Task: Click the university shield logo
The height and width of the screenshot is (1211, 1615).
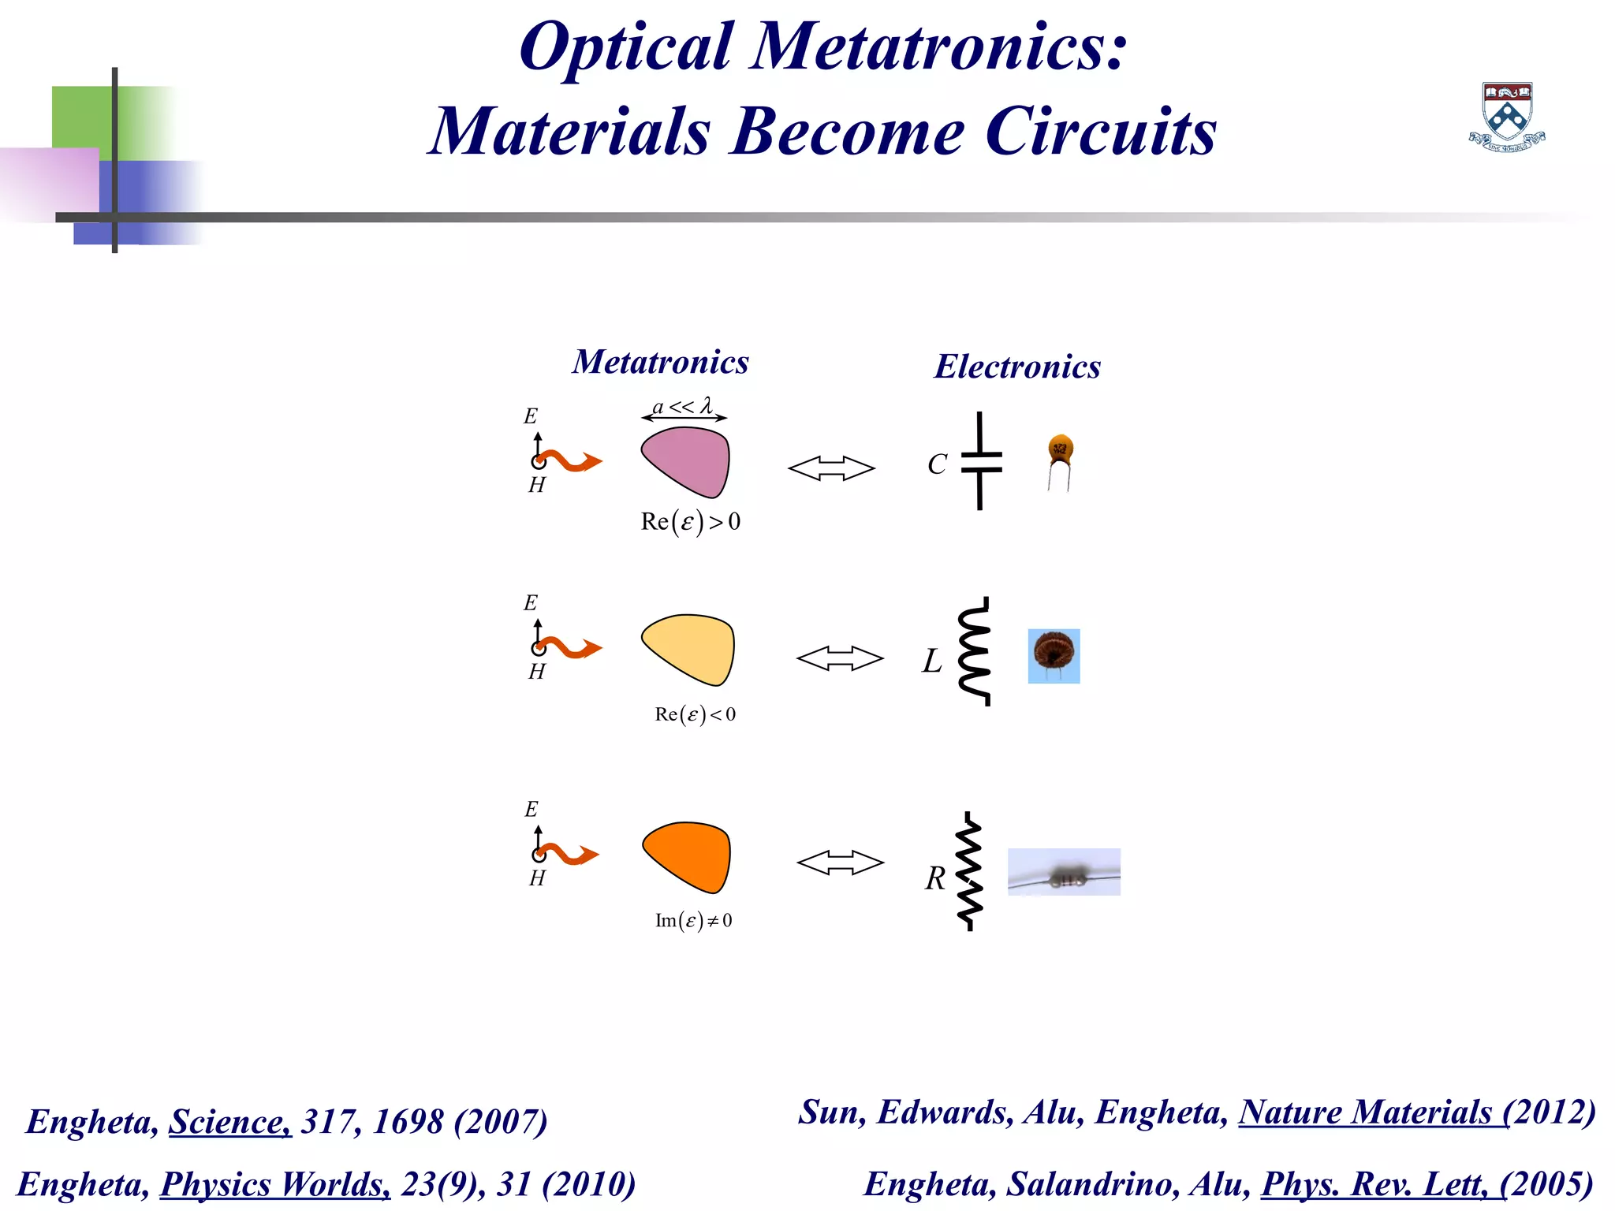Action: coord(1507,116)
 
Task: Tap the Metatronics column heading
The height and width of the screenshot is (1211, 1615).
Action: coord(660,362)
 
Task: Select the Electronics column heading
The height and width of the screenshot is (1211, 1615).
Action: coord(1017,367)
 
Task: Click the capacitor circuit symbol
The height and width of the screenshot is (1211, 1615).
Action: coord(980,461)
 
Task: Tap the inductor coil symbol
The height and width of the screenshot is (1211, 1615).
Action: coord(975,651)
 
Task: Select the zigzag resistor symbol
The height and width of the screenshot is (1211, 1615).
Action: coord(969,871)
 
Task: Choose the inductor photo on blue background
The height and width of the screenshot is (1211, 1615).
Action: coord(1054,656)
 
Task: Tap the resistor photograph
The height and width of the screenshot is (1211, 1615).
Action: coord(1064,872)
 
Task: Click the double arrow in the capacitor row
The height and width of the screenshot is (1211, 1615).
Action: coord(831,468)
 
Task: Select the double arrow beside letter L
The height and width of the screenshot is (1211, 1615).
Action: coord(840,658)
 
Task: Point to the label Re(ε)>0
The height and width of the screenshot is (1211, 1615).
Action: coord(691,522)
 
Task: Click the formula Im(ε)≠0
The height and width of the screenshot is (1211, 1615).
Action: coord(694,921)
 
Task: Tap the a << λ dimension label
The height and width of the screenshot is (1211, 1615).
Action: coord(683,407)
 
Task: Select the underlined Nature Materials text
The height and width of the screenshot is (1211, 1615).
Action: coord(1373,1112)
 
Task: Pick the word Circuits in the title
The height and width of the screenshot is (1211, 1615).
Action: coord(1100,132)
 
